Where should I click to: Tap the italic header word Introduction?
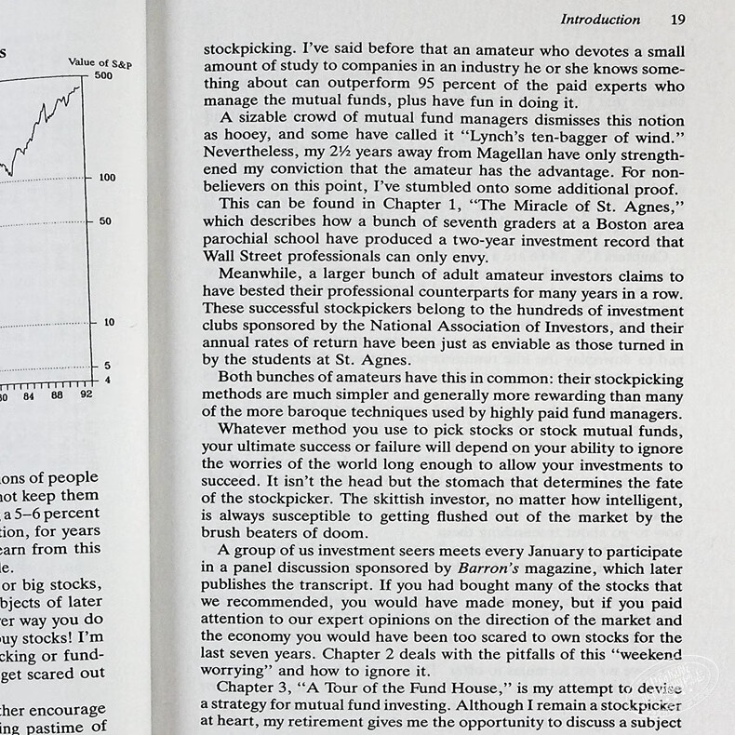pyautogui.click(x=600, y=19)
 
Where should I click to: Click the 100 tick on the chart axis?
pyautogui.click(x=107, y=178)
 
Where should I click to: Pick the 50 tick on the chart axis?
pyautogui.click(x=104, y=221)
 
